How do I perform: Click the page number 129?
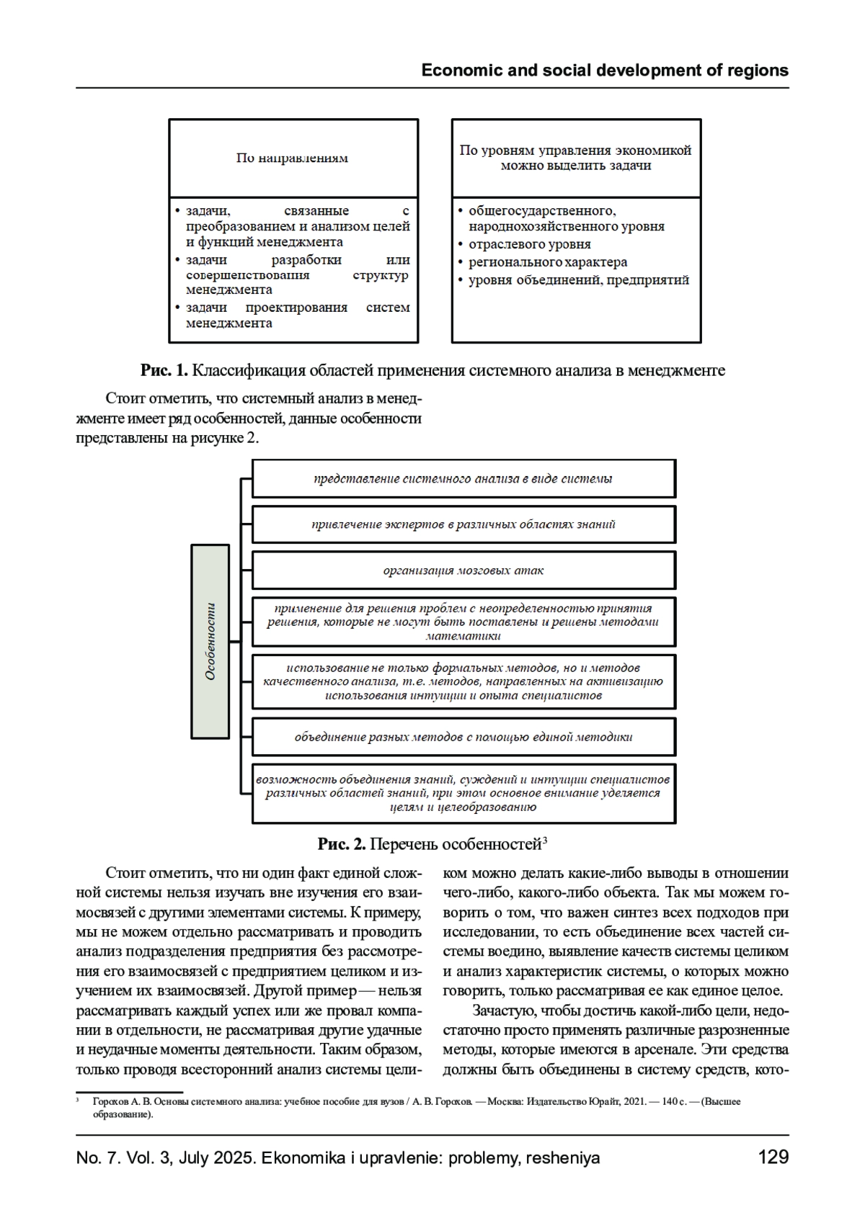(x=773, y=1157)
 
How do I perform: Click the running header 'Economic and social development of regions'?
(x=604, y=71)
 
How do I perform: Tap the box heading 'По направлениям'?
(x=292, y=158)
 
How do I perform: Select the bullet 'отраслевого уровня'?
(x=529, y=244)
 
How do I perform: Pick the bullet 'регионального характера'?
(x=547, y=262)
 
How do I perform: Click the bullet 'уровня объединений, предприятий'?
(x=578, y=280)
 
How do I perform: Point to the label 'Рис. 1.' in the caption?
(x=164, y=371)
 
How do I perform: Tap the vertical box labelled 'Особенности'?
(x=210, y=641)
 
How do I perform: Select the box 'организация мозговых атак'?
(x=463, y=570)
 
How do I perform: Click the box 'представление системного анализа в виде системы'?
(x=463, y=479)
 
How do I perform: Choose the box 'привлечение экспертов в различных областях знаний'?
(x=463, y=524)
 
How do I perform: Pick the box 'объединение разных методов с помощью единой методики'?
(x=463, y=737)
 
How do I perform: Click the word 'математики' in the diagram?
(x=463, y=636)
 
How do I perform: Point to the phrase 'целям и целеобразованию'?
(x=463, y=807)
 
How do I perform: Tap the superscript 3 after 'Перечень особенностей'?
(x=546, y=840)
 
